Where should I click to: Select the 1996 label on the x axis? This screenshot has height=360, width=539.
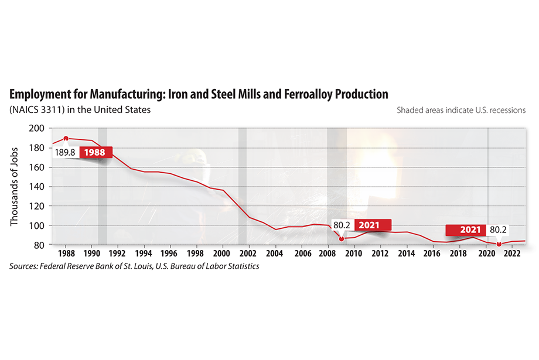tap(170, 254)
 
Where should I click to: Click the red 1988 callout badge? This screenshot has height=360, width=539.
tap(94, 152)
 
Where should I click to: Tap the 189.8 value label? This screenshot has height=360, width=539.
tap(65, 152)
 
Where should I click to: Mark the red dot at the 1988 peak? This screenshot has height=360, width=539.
tap(66, 139)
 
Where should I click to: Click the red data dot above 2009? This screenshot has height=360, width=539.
tap(342, 238)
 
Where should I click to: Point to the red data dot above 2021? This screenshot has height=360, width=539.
tap(499, 244)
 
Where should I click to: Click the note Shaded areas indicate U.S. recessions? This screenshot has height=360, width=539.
tap(460, 109)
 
